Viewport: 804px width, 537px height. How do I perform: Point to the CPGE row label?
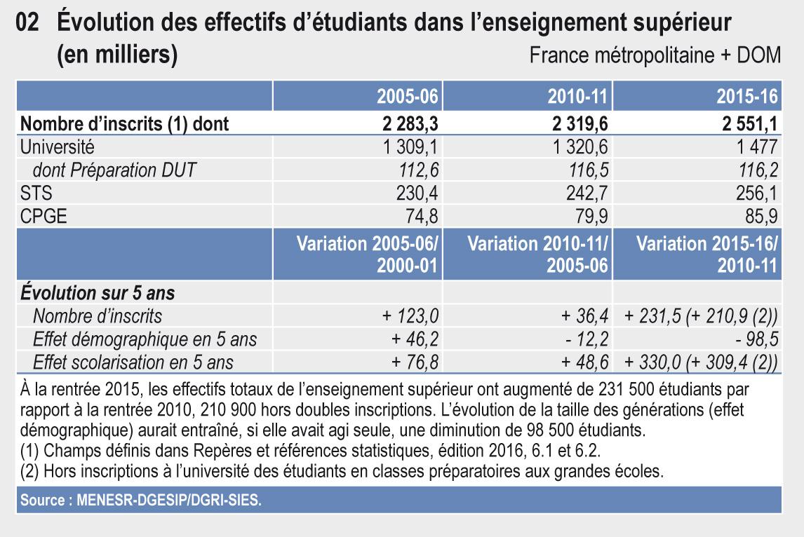(x=43, y=215)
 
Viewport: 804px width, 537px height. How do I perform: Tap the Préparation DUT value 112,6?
(x=419, y=170)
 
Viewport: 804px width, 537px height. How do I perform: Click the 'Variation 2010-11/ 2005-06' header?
(x=537, y=256)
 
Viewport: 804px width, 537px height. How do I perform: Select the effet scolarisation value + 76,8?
(x=415, y=362)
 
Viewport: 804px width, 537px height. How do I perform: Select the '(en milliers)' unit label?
(x=116, y=55)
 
